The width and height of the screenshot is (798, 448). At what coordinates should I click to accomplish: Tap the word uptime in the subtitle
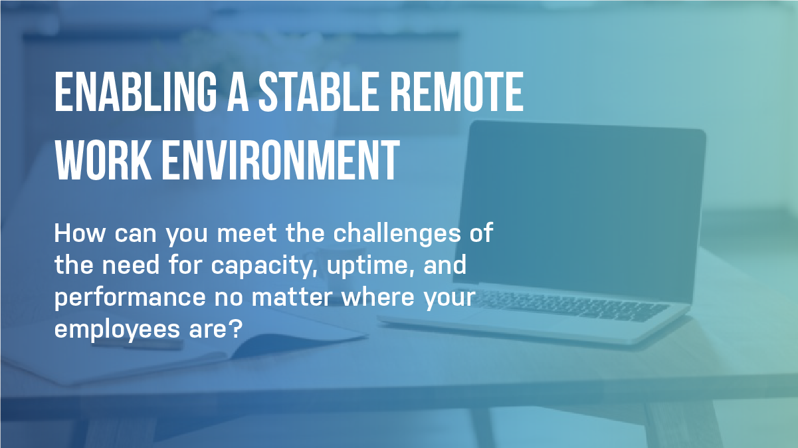369,267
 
